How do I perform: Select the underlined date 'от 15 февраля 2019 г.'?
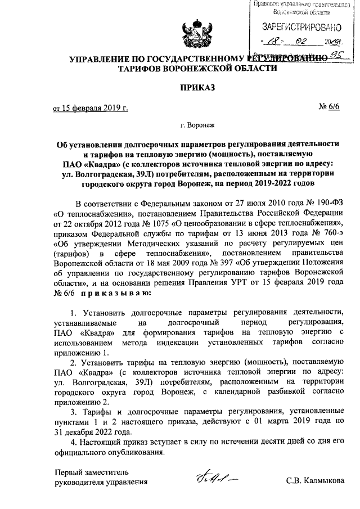pos(91,107)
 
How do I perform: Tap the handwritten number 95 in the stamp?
pos(337,54)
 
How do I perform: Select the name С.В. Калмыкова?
pos(316,482)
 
